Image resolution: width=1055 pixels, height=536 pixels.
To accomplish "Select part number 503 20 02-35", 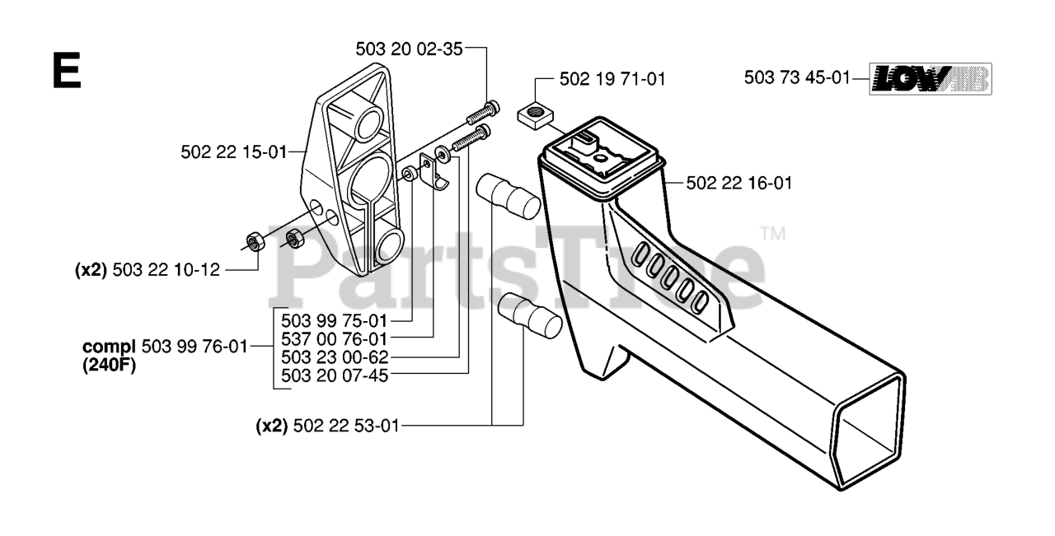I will pyautogui.click(x=409, y=49).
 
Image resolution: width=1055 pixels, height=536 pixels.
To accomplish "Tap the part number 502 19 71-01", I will pyautogui.click(x=612, y=79).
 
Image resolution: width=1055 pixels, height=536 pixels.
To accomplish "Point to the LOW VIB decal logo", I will pyautogui.click(x=931, y=79).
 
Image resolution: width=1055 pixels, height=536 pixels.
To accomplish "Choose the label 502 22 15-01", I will pyautogui.click(x=233, y=151).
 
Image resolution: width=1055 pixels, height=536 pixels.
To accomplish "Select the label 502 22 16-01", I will pyautogui.click(x=739, y=183).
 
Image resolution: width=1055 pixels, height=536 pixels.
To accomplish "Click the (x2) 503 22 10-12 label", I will pyautogui.click(x=148, y=269).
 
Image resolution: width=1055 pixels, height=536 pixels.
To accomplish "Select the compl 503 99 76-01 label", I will pyautogui.click(x=165, y=347).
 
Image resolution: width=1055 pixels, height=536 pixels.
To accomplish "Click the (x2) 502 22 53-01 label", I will pyautogui.click(x=327, y=426).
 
